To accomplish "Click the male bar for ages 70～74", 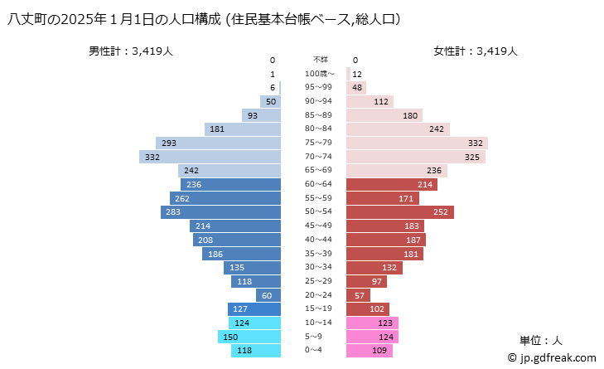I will click(210, 157).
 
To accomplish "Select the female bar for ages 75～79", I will click(417, 143).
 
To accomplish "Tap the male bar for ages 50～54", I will click(221, 212).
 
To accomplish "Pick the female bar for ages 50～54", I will click(399, 212).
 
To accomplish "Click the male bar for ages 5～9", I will click(249, 337).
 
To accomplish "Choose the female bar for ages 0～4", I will click(369, 351).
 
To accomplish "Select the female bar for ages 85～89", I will click(384, 115).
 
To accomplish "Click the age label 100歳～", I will click(320, 74).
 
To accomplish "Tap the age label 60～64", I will click(320, 184).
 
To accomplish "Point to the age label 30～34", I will click(320, 268).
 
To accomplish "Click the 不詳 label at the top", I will click(320, 60).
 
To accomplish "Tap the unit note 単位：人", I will click(541, 340).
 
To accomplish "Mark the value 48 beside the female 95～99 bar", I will click(357, 88).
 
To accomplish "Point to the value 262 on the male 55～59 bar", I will click(183, 199).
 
